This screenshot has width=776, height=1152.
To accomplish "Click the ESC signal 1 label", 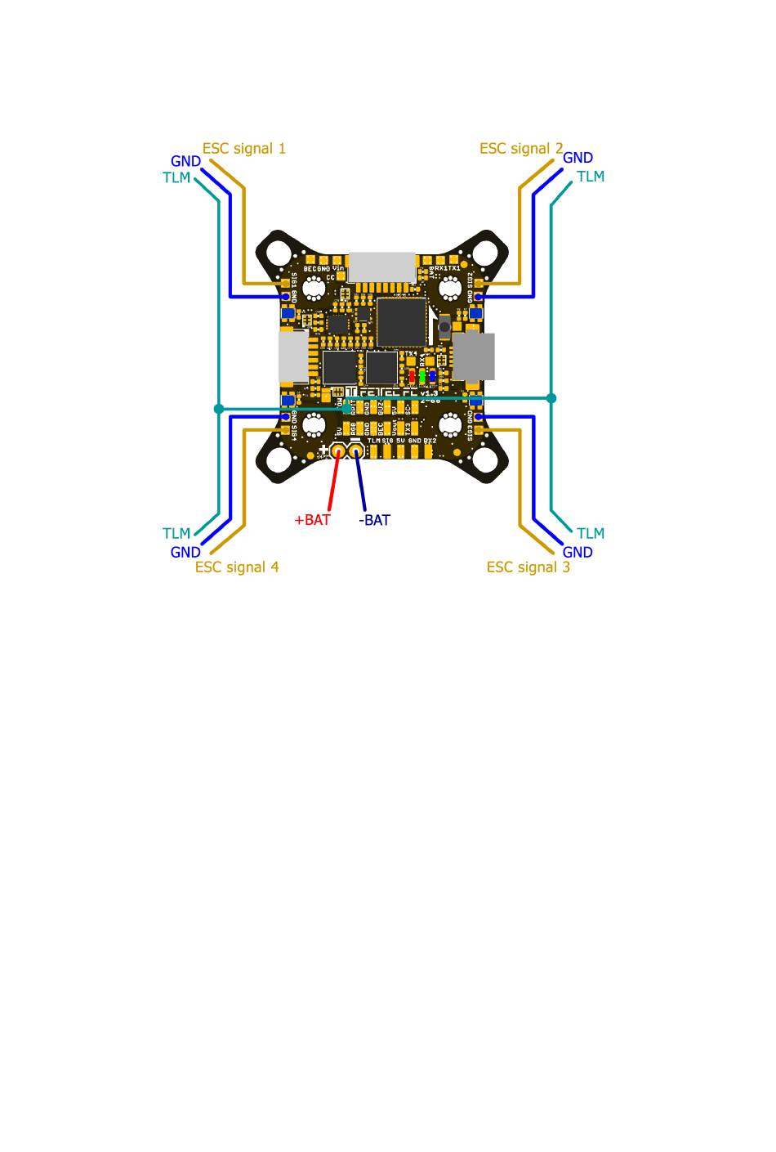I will pyautogui.click(x=244, y=149).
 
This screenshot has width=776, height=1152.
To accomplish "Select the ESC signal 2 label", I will pyautogui.click(x=521, y=149).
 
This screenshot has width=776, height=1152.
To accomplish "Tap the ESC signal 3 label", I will pyautogui.click(x=528, y=567).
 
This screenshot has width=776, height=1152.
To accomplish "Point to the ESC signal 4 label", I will pyautogui.click(x=237, y=567).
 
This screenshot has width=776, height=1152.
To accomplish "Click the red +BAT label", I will pyautogui.click(x=312, y=520).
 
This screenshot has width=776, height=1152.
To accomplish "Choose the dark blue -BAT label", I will pyautogui.click(x=374, y=520).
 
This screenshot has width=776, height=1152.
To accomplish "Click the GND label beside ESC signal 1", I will pyautogui.click(x=185, y=162).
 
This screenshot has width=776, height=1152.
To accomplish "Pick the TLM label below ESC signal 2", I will pyautogui.click(x=591, y=177).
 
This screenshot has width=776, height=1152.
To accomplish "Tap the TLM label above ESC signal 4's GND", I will pyautogui.click(x=176, y=534).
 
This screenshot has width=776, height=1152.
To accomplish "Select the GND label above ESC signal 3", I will pyautogui.click(x=578, y=553).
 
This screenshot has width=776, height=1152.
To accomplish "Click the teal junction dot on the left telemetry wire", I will pyautogui.click(x=218, y=408).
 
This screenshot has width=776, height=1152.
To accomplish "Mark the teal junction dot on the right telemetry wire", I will pyautogui.click(x=551, y=398).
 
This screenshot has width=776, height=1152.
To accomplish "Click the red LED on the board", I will pyautogui.click(x=412, y=376).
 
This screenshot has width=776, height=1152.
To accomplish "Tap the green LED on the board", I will pyautogui.click(x=421, y=376).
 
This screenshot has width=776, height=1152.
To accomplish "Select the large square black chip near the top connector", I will pyautogui.click(x=401, y=321).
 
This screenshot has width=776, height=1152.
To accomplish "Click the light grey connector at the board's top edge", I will pyautogui.click(x=381, y=267).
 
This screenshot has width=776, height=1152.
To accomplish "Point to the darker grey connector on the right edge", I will pyautogui.click(x=474, y=356).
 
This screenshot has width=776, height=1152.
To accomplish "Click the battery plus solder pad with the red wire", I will pyautogui.click(x=338, y=450).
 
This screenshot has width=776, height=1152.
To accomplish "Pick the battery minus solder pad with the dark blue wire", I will pyautogui.click(x=356, y=450).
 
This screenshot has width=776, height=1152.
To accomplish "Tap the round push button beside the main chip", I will pyautogui.click(x=444, y=328).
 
